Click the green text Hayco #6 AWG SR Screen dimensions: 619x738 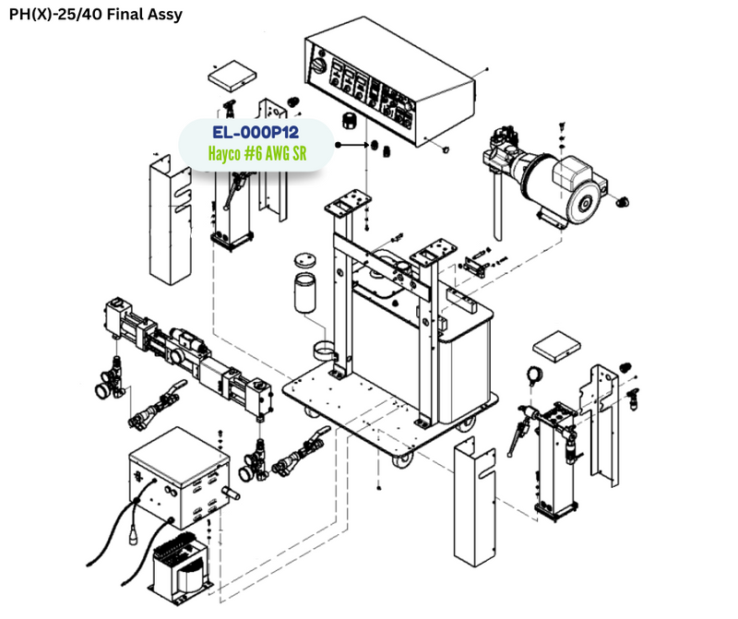(256, 154)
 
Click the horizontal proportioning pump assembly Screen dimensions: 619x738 (194, 355)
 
